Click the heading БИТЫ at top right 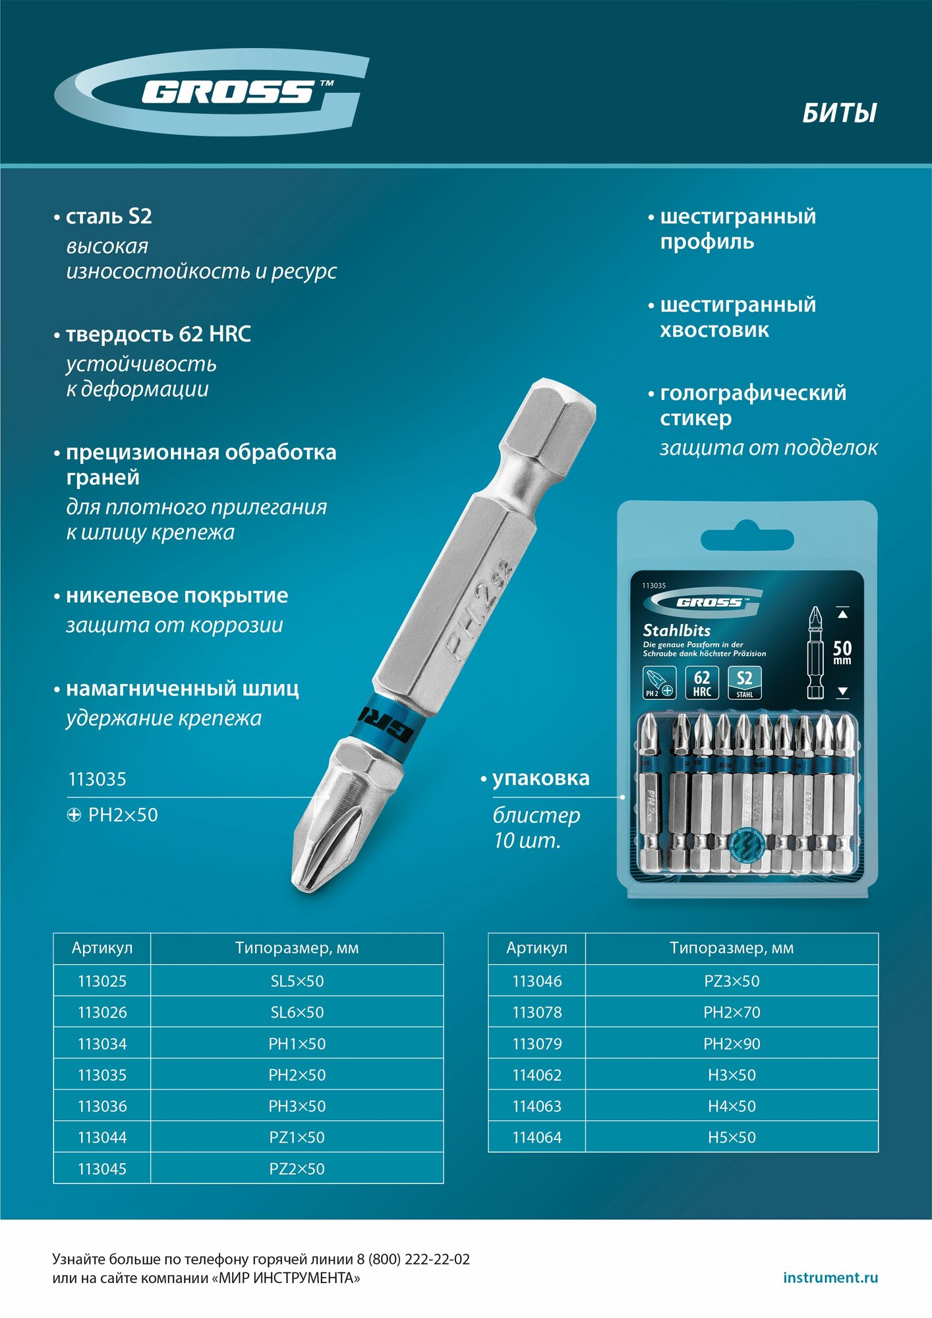(839, 113)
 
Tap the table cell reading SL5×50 (297, 981)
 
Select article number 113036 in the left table (102, 1106)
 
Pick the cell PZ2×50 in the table (297, 1169)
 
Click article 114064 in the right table (537, 1137)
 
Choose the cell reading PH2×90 (732, 1044)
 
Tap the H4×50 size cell (732, 1106)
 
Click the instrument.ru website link (830, 1278)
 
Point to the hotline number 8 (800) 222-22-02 (413, 1259)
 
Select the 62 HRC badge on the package (702, 683)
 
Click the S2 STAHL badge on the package (744, 683)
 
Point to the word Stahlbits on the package (676, 630)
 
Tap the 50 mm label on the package (842, 652)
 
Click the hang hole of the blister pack (747, 537)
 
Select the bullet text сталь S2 (109, 216)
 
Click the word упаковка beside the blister (540, 778)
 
